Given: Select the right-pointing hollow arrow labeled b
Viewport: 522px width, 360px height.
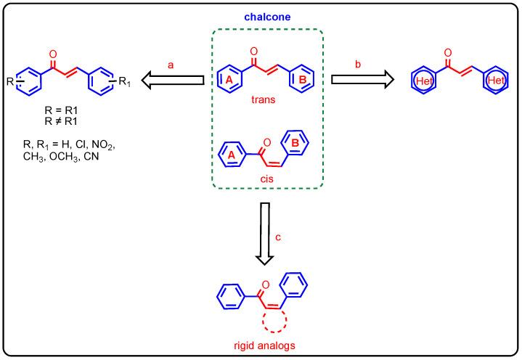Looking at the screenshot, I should coord(359,81).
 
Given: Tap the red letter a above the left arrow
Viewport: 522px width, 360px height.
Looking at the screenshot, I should coord(172,65).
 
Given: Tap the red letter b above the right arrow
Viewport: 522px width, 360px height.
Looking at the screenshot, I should coord(359,65).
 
